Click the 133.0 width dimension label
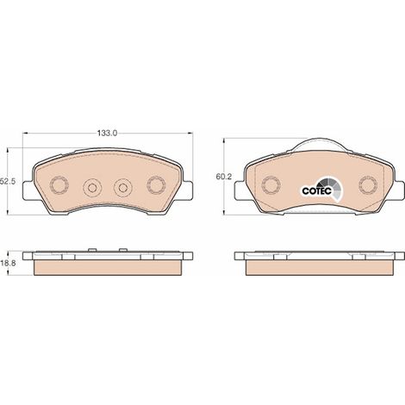click(x=107, y=133)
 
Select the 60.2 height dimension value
click(x=224, y=177)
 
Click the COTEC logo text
click(x=316, y=190)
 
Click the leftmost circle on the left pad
click(x=59, y=184)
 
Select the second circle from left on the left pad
click(x=92, y=188)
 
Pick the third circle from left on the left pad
click(x=123, y=188)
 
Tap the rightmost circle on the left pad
click(x=156, y=184)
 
